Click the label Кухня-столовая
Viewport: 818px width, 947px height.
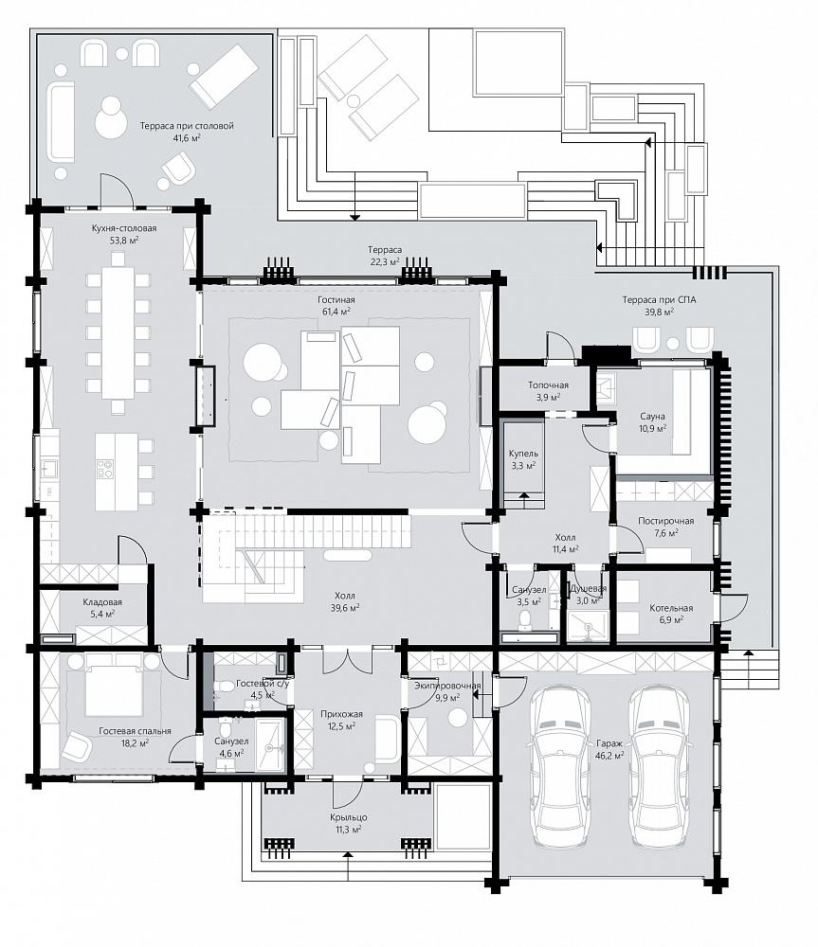point(124,228)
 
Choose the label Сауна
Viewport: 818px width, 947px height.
point(652,416)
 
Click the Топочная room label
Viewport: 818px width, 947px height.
point(548,385)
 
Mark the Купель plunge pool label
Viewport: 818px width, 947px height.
point(523,454)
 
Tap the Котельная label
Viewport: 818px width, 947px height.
point(671,608)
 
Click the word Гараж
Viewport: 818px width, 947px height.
point(609,743)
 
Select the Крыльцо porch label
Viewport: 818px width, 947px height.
point(348,818)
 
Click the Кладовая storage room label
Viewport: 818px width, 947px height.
point(102,602)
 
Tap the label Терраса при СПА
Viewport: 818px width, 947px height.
point(659,299)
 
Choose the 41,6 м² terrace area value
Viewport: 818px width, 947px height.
point(186,137)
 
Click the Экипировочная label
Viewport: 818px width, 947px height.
point(447,686)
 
